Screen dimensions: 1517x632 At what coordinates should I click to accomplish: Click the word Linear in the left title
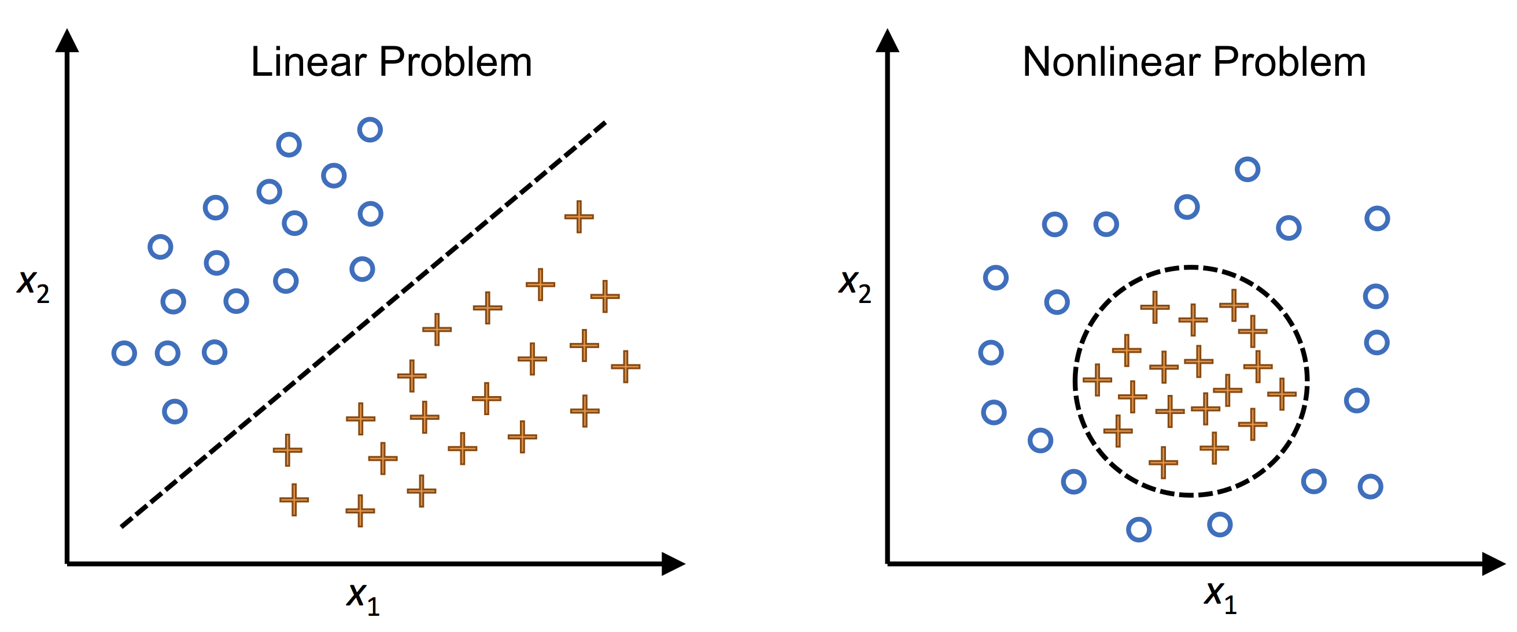309,62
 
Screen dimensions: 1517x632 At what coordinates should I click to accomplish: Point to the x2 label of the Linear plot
33,285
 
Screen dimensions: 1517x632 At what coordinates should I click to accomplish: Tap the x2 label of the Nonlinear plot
854,285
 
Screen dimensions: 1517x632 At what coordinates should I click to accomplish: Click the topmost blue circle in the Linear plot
370,130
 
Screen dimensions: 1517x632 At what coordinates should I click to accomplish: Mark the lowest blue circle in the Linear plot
175,411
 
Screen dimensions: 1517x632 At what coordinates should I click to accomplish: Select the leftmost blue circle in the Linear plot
124,353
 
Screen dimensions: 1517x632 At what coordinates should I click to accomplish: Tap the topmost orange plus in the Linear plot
579,217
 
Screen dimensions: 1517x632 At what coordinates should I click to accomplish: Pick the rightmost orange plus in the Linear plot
625,367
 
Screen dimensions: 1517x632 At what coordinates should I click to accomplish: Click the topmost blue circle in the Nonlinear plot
1247,169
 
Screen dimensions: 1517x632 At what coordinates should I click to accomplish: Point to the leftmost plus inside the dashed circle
1097,379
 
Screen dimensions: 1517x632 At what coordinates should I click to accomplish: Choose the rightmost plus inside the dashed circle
1282,393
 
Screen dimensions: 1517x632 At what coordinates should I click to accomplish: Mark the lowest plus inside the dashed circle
1163,463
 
